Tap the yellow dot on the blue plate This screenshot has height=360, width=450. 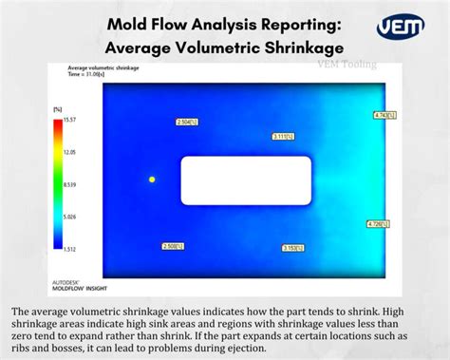tap(152, 179)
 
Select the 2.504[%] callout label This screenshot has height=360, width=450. tap(185, 122)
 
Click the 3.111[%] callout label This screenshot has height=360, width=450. tap(282, 137)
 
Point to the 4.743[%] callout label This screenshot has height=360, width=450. tap(383, 115)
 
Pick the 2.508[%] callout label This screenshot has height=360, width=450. tap(173, 246)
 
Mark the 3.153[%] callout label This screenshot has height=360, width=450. tap(292, 248)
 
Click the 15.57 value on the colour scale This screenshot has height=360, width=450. tap(69, 119)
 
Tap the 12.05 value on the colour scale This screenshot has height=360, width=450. tap(69, 151)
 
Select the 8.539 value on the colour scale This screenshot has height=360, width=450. tap(69, 184)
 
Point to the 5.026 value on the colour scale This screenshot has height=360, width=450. tap(69, 217)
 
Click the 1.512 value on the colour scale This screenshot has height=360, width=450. tap(69, 249)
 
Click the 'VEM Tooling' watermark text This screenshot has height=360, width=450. tap(346, 65)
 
